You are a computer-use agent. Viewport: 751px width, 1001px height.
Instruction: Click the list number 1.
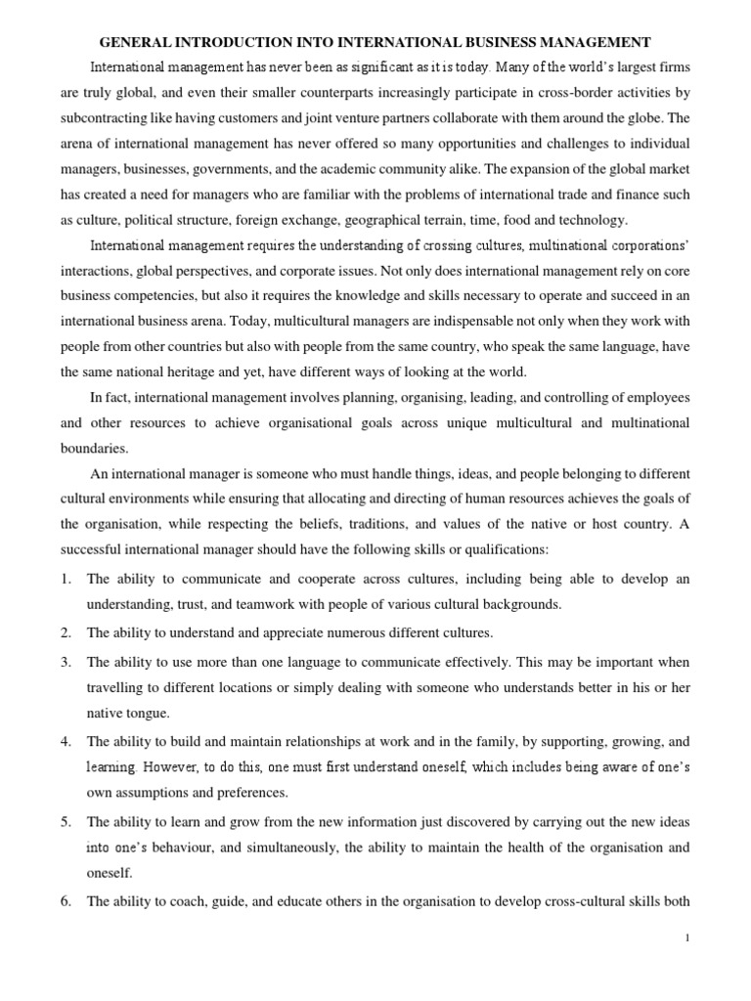click(x=65, y=579)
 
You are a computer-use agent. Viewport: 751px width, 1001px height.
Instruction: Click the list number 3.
click(x=65, y=663)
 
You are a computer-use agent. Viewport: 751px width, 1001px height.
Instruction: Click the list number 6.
click(x=65, y=902)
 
